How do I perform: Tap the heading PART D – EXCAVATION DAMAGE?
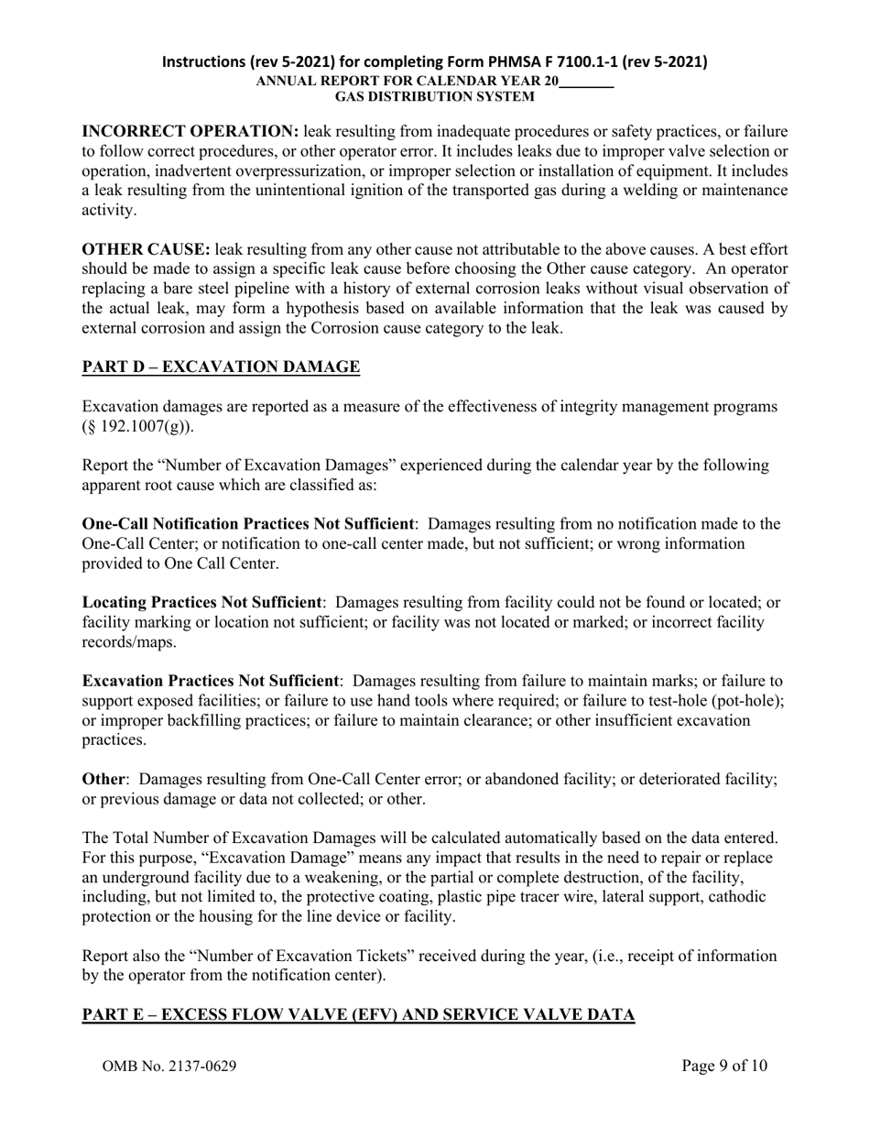pyautogui.click(x=221, y=367)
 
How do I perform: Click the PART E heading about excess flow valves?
pyautogui.click(x=358, y=1015)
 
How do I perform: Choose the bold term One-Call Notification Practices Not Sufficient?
pyautogui.click(x=247, y=524)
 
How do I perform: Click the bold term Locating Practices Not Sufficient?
pyautogui.click(x=201, y=603)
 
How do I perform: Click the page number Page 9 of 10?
pyautogui.click(x=724, y=1066)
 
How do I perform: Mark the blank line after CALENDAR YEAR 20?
pyautogui.click(x=586, y=82)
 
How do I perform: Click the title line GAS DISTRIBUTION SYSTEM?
pyautogui.click(x=434, y=96)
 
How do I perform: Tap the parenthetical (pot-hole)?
pyautogui.click(x=745, y=701)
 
